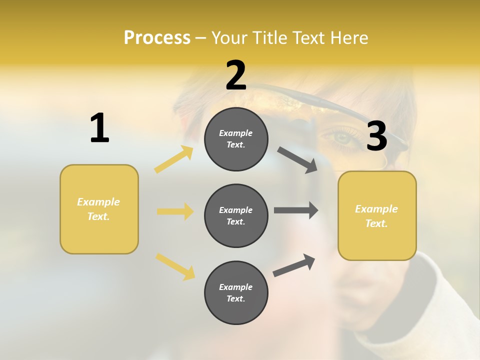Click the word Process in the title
point(157,37)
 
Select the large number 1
point(99,128)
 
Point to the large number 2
point(236,75)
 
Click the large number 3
point(376,136)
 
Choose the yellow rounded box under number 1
point(99,209)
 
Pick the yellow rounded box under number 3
point(377,215)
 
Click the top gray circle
point(236,139)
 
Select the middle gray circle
point(236,215)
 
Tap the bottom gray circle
point(236,292)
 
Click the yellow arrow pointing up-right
point(174,159)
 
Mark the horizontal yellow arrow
point(175,211)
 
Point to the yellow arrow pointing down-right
point(175,266)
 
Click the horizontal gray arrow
point(296,210)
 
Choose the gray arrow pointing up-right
point(294,265)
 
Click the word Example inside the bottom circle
point(236,287)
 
